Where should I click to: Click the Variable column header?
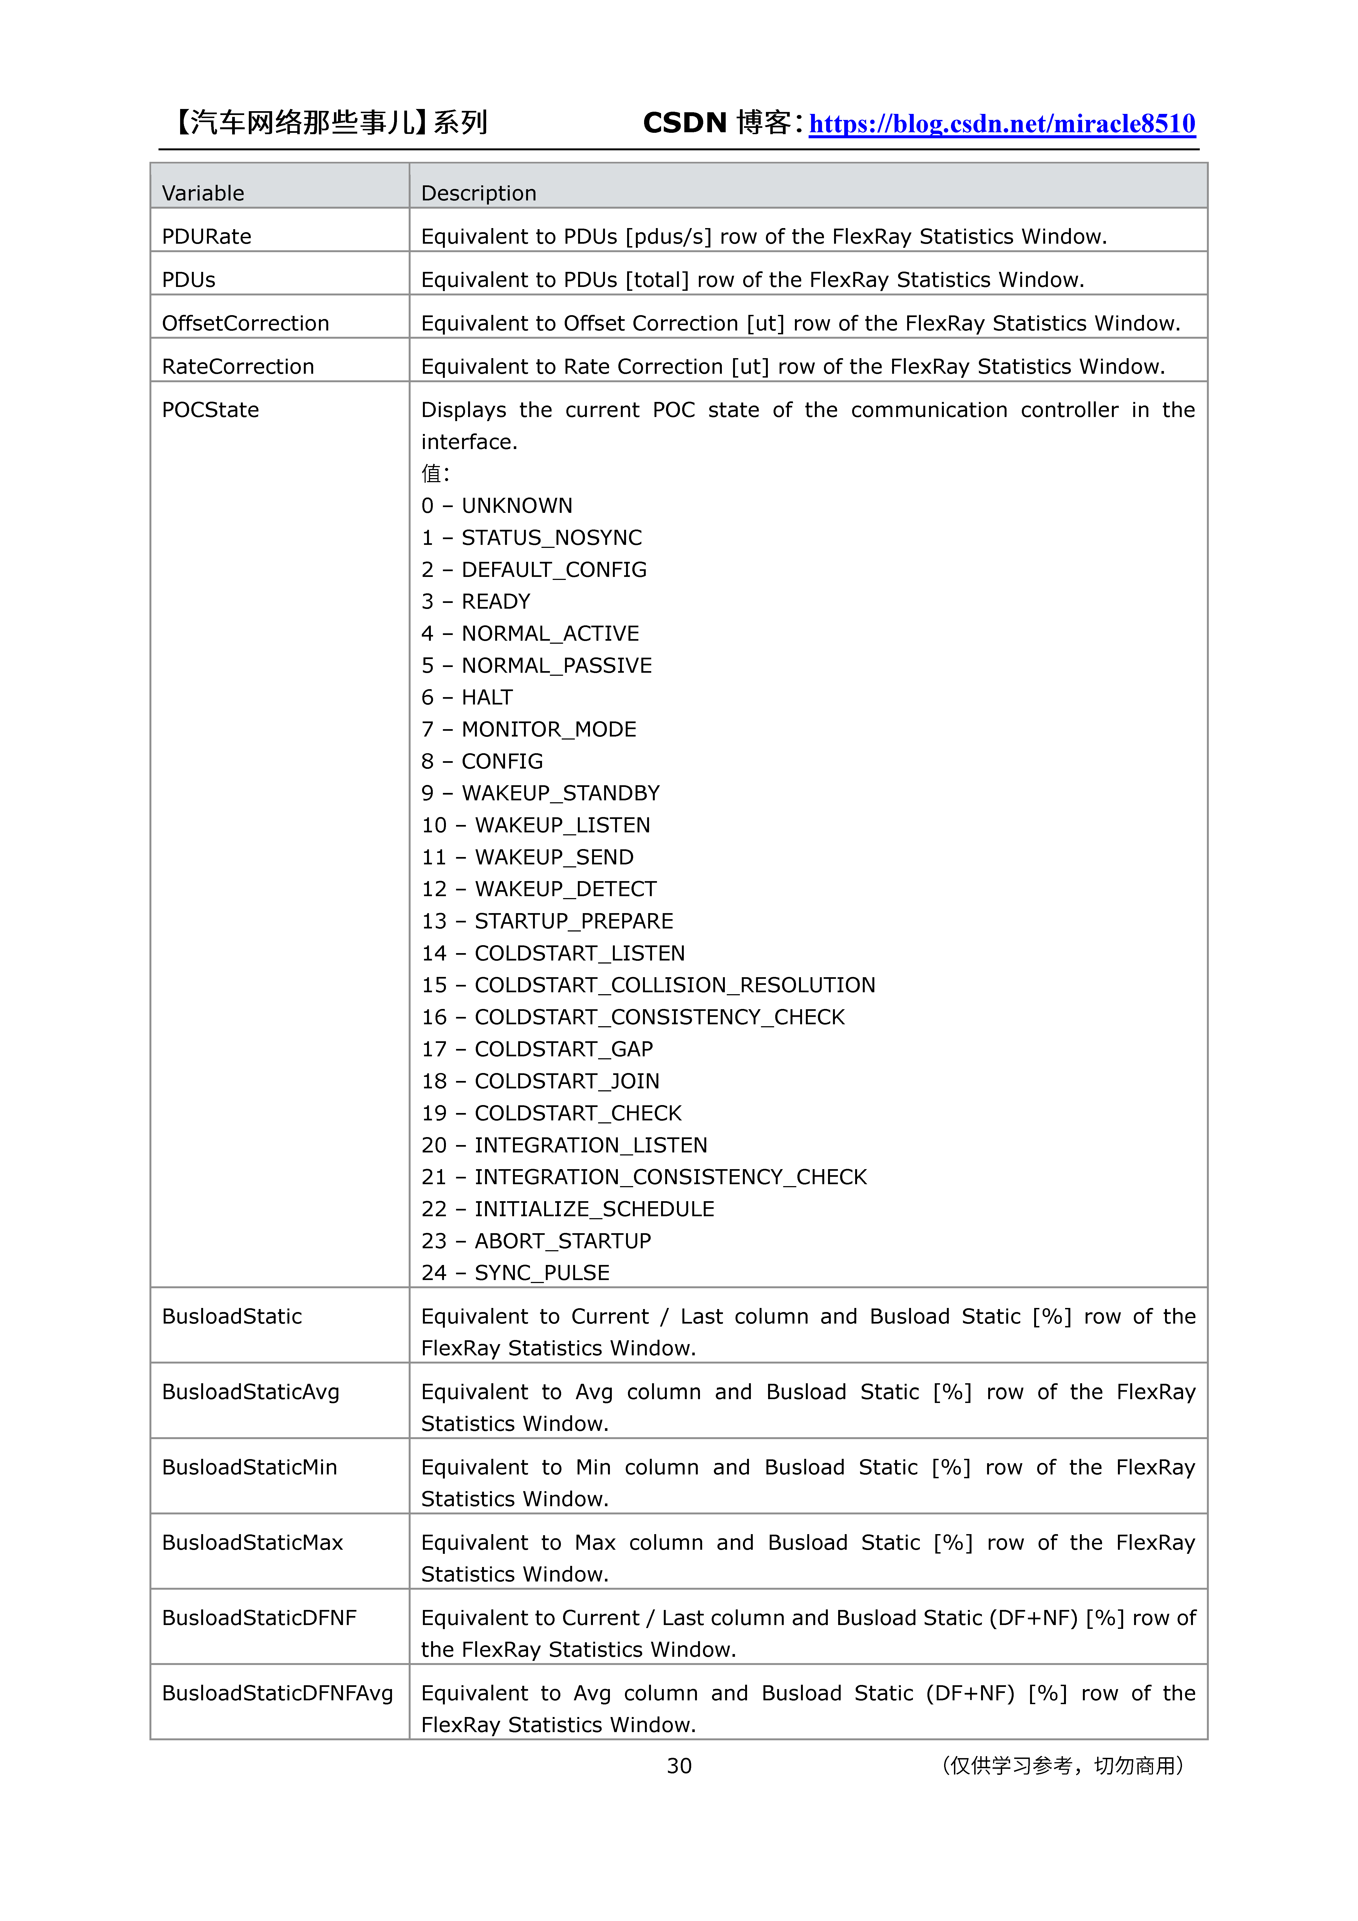click(203, 193)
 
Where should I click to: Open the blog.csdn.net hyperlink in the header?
click(1002, 124)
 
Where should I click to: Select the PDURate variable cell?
click(207, 237)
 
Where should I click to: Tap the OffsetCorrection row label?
click(245, 324)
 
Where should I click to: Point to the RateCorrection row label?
click(238, 367)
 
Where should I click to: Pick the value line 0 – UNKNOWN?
click(497, 506)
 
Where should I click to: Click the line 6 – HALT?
click(467, 698)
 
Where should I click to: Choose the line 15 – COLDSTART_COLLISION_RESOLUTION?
click(648, 986)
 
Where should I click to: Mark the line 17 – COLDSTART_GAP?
click(537, 1049)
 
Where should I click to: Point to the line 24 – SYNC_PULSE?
click(515, 1273)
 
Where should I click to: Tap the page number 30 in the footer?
click(679, 1766)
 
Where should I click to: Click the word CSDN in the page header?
click(684, 123)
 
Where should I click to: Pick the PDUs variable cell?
click(188, 280)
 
